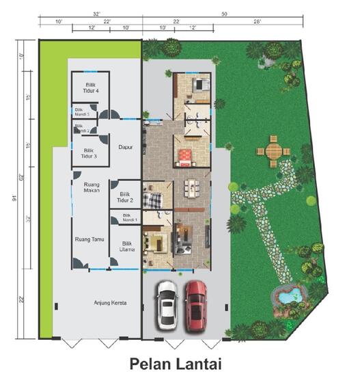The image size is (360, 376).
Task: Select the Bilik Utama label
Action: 126,246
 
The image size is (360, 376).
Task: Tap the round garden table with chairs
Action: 273,150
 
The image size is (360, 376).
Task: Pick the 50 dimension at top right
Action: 225,13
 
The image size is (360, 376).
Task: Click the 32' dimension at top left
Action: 98,13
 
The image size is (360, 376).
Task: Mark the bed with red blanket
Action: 184,158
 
